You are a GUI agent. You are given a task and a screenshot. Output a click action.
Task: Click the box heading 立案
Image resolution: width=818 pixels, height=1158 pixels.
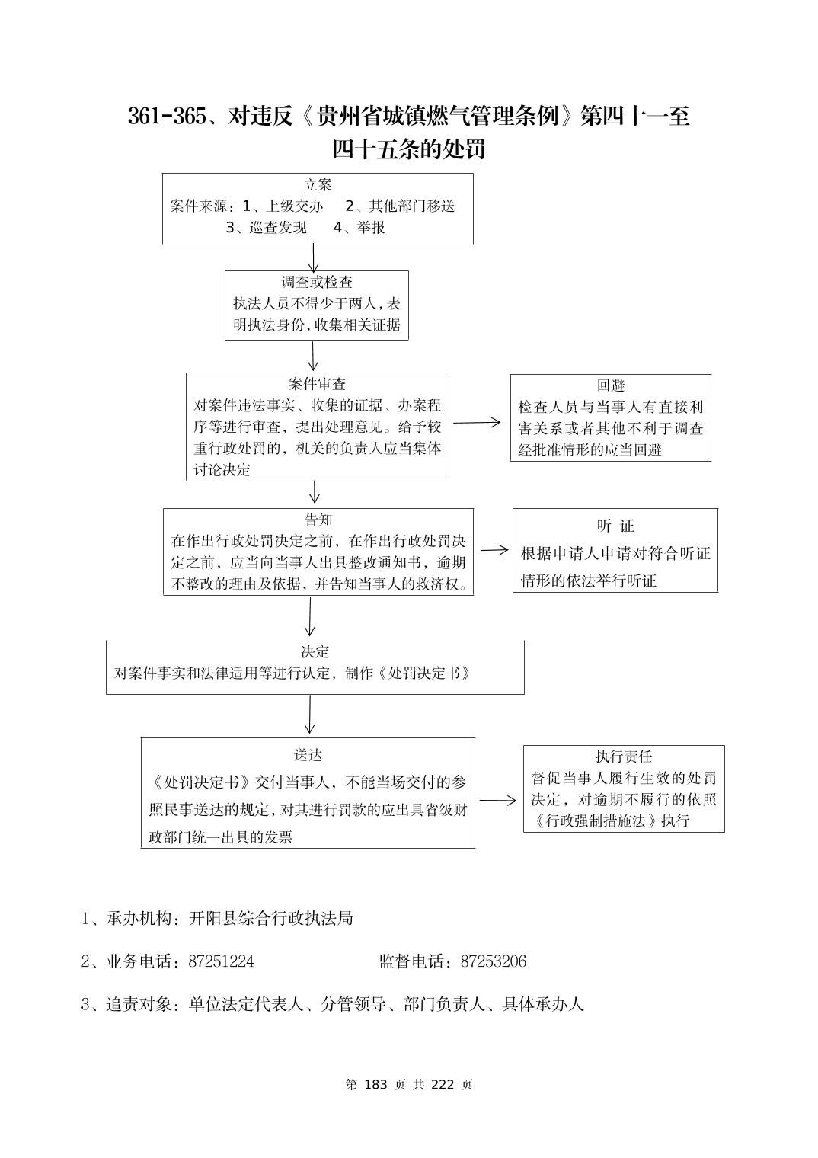pos(318,185)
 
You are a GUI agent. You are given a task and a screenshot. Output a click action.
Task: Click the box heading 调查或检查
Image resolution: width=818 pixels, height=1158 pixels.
pos(317,283)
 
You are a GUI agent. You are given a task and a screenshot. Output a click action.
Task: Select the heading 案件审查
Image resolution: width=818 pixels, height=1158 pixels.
pos(317,384)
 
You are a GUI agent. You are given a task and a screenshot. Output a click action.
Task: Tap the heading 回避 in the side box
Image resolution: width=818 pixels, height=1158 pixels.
pos(611,385)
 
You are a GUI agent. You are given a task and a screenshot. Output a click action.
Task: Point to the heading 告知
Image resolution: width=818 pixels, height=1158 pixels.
pos(318,520)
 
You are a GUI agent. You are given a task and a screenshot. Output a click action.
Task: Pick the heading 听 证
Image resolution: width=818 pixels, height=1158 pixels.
pos(615,526)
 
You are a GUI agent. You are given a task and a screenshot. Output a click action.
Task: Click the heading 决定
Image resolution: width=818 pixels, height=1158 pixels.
pos(315,652)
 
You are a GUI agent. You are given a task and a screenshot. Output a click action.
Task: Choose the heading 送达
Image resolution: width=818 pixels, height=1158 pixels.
pos(308,755)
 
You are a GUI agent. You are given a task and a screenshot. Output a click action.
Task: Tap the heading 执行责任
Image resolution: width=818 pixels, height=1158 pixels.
pos(624,757)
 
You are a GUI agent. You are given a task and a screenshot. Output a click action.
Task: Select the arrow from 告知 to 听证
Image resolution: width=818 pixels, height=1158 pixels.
pos(494,550)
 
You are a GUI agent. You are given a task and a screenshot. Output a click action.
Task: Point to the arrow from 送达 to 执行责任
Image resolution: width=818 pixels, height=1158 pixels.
pos(498,801)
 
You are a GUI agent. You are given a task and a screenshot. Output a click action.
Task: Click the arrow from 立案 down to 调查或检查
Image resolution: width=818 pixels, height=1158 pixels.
pos(313,258)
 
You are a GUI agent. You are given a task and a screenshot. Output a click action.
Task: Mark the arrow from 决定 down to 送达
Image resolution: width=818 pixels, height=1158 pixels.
pos(309,715)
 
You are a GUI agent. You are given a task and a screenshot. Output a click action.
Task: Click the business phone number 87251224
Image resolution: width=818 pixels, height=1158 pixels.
pos(221,961)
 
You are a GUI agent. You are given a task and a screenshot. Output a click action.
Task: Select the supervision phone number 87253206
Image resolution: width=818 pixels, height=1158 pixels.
pos(493,961)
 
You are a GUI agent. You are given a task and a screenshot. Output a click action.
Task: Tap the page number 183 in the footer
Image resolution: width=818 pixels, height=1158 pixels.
pos(377,1084)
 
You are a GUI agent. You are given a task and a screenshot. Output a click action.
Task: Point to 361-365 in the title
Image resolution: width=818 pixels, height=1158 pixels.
pos(167,117)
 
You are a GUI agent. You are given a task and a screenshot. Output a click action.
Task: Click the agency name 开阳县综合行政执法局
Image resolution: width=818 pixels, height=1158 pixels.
pos(270,919)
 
